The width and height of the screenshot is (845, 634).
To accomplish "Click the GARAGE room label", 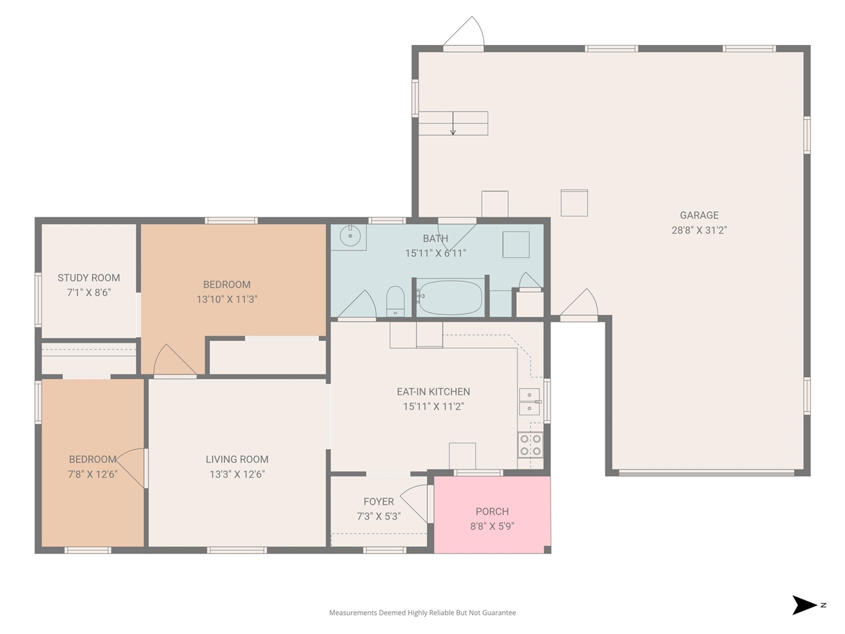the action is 698,215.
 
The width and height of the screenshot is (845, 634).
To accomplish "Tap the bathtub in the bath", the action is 450,298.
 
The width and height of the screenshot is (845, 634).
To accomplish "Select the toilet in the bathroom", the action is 395,301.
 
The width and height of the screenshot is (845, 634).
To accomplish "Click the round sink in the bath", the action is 350,236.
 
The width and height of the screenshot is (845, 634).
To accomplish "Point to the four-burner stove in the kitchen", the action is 530,444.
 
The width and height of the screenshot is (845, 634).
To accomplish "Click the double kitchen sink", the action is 530,402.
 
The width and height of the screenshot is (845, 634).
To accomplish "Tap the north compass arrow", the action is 803,605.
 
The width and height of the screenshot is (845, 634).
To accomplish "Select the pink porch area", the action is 492,514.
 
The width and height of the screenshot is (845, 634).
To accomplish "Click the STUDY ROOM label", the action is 88,278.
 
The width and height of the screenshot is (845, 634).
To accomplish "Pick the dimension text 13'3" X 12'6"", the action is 237,474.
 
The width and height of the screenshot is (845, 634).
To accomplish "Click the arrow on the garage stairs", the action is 453,123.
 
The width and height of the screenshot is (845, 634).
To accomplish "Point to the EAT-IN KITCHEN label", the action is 433,392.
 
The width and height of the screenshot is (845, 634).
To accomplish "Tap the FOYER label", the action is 378,501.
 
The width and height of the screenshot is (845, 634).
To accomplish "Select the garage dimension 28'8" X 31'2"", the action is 698,230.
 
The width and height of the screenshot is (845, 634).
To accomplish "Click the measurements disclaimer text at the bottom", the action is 422,612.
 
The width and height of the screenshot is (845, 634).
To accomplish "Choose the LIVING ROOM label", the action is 237,459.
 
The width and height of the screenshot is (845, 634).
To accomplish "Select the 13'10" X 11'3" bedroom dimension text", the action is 226,299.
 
